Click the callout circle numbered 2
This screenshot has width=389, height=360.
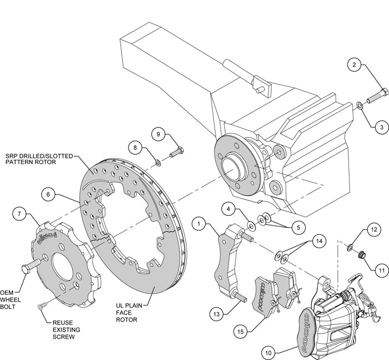pyautogui.click(x=353, y=65)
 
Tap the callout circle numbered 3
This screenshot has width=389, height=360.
pyautogui.click(x=381, y=127)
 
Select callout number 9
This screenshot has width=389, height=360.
pyautogui.click(x=158, y=134)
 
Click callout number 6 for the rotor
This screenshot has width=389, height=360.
pyautogui.click(x=48, y=194)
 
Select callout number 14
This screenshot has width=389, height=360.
pyautogui.click(x=318, y=241)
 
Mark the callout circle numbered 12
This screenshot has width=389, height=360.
pyautogui.click(x=373, y=229)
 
